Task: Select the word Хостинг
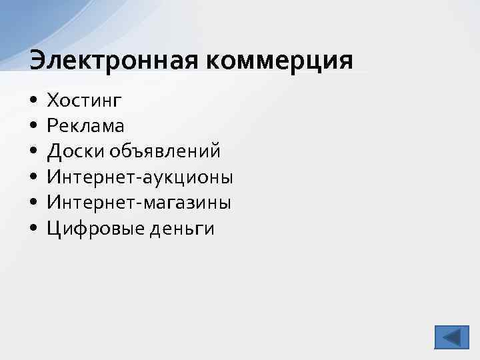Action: click(85, 101)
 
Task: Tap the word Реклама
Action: click(85, 126)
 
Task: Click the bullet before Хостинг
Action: click(33, 101)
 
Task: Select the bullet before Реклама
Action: click(33, 127)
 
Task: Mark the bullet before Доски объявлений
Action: click(33, 153)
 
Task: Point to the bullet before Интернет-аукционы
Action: click(33, 178)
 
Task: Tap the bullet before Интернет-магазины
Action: click(33, 204)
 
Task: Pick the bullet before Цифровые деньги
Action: click(33, 229)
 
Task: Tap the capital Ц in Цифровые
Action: click(53, 229)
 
